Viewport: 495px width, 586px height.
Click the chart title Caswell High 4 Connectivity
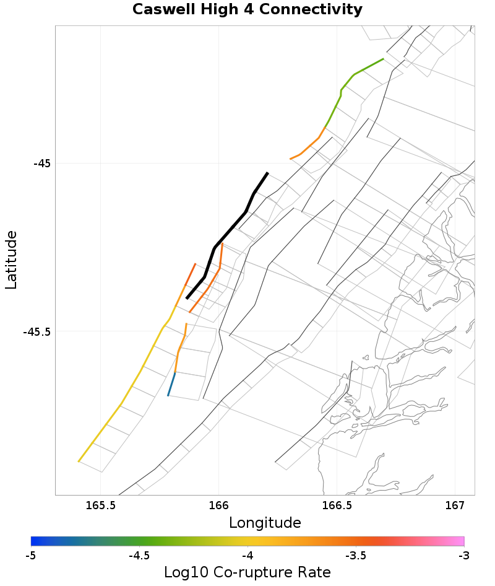click(247, 10)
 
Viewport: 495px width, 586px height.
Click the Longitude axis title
click(265, 523)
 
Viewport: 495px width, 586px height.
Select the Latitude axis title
click(11, 260)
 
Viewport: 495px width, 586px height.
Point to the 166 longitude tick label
click(219, 505)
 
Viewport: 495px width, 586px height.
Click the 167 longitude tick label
click(455, 505)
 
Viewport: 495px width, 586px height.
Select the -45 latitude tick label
click(41, 164)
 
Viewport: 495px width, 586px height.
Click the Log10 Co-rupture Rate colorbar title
click(247, 572)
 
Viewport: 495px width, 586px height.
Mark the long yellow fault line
click(121, 403)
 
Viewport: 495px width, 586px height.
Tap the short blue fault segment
click(171, 384)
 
